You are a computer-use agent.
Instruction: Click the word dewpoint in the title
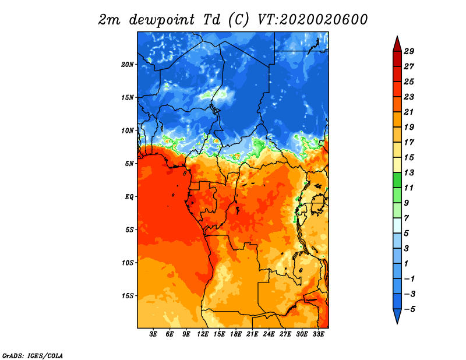pos(162,20)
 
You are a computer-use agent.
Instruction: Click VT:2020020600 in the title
pos(312,20)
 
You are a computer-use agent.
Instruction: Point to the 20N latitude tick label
pos(128,65)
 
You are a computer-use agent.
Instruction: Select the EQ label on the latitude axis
pos(129,197)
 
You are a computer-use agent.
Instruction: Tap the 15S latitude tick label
pos(128,296)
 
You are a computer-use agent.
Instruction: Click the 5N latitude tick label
pos(129,164)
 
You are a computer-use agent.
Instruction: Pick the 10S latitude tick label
pos(128,263)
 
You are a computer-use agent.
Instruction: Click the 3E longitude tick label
pos(153,334)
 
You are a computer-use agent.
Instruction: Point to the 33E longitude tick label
pos(318,334)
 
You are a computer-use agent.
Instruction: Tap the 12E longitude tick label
pos(203,334)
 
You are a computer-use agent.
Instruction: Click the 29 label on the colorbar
pos(409,51)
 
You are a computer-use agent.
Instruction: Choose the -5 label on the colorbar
pos(409,309)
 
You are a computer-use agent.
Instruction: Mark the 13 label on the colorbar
pos(409,172)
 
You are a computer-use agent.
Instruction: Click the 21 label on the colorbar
pos(409,112)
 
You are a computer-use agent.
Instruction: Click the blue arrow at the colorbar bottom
pos(397,315)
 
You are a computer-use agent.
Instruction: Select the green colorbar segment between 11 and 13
pos(397,180)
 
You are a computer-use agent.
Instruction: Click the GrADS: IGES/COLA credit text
pos(33,356)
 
